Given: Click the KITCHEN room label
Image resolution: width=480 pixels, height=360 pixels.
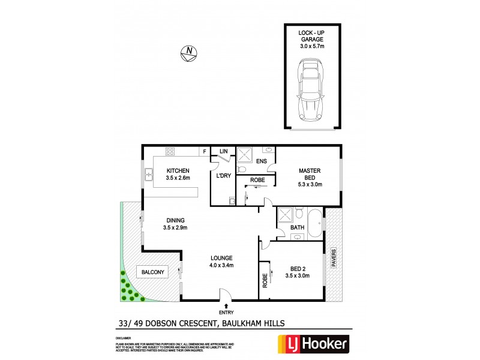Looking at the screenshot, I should (x=178, y=170).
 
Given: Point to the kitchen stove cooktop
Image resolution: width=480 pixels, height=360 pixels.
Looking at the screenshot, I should (x=170, y=151).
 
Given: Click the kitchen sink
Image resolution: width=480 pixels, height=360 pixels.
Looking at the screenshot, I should (x=148, y=175).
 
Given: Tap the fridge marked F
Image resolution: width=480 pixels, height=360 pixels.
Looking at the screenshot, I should (x=205, y=151).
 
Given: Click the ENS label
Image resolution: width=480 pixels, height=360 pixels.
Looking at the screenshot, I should (x=262, y=161).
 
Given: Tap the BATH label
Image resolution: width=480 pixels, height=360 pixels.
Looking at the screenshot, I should (x=297, y=227).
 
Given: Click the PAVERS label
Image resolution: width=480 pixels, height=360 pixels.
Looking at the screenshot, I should (x=335, y=259).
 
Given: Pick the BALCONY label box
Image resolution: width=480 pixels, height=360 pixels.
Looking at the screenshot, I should (x=153, y=272).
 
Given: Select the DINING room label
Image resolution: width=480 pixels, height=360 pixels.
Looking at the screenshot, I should (x=175, y=220).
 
